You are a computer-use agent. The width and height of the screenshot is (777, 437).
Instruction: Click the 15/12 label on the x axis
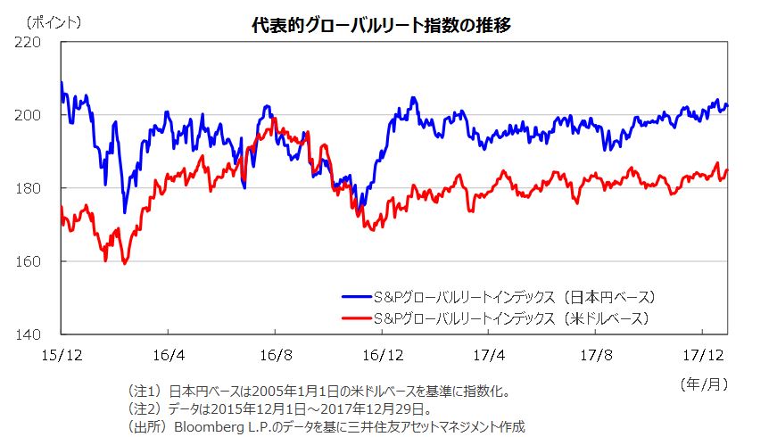click(62, 354)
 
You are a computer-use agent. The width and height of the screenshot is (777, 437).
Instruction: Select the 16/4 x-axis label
click(169, 354)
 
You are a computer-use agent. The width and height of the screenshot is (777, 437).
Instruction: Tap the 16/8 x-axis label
click(275, 354)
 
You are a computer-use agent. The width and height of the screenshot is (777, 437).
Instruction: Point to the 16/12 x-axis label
click(382, 354)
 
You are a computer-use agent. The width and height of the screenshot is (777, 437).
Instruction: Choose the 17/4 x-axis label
click(488, 354)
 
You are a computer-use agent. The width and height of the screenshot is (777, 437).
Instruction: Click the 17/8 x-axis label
click(595, 354)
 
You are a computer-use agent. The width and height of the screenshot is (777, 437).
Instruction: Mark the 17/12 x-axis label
click(701, 354)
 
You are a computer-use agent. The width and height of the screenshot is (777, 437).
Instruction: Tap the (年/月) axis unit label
click(704, 383)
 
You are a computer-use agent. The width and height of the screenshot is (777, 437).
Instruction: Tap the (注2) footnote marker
click(146, 409)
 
